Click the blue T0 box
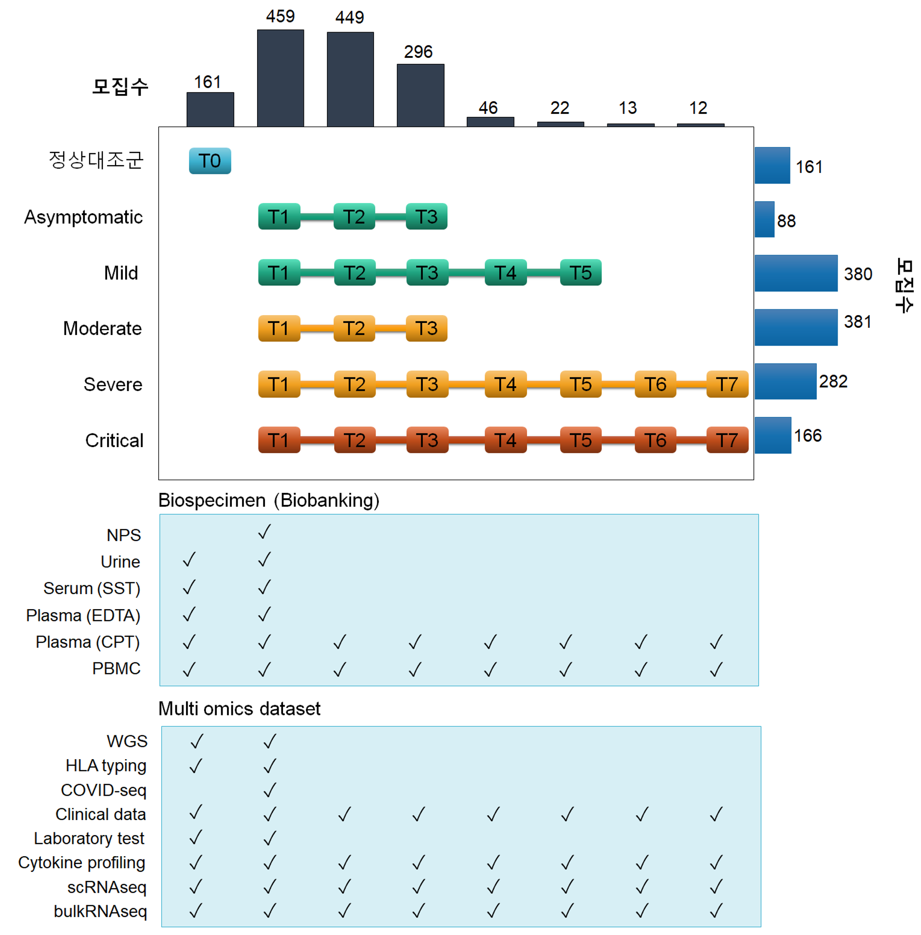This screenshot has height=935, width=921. pos(209,161)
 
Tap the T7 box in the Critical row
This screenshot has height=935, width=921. pos(726,440)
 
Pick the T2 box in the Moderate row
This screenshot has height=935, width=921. pos(354,328)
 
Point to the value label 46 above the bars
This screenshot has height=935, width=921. pos(488,108)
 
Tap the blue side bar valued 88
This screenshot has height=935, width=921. pos(764,219)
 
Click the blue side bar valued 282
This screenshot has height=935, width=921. pos(785,381)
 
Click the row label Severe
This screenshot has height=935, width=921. pos(113,384)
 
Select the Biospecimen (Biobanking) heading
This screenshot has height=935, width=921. pos(268,500)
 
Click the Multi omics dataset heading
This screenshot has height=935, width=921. pos(239,708)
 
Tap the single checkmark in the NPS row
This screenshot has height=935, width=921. pos(264,531)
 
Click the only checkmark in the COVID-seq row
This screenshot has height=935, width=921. pos(269,789)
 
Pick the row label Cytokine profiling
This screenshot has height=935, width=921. pos(82,862)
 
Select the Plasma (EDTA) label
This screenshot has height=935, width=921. pos(83,615)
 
